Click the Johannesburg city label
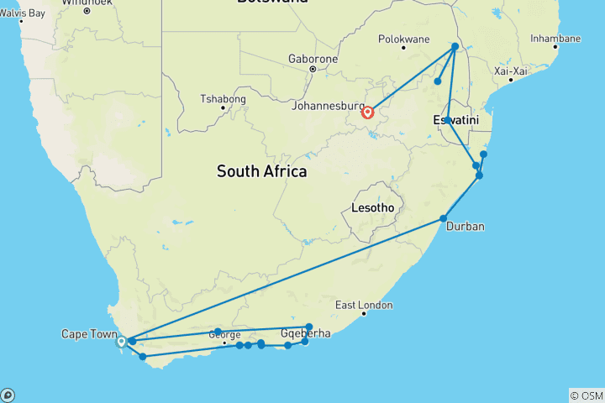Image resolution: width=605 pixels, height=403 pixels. coord(326,107)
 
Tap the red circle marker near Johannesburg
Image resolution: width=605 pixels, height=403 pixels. coord(367,112)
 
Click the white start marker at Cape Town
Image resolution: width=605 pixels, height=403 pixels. coord(121,342)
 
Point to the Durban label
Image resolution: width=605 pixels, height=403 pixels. coord(466,227)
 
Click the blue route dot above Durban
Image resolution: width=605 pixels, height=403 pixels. coord(444,219)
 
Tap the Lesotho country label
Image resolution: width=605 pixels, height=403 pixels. coord(370,208)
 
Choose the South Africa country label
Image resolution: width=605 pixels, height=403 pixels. coord(261,171)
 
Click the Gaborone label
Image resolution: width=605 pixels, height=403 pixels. coord(313,60)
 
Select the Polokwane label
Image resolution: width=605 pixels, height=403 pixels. coord(403,39)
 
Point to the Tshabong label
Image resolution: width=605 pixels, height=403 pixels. coord(222,98)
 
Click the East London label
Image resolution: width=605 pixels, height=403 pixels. coord(364,305)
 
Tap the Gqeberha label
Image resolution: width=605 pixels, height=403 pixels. coord(305,333)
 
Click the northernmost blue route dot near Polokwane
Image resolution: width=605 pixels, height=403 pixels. coord(455,46)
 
